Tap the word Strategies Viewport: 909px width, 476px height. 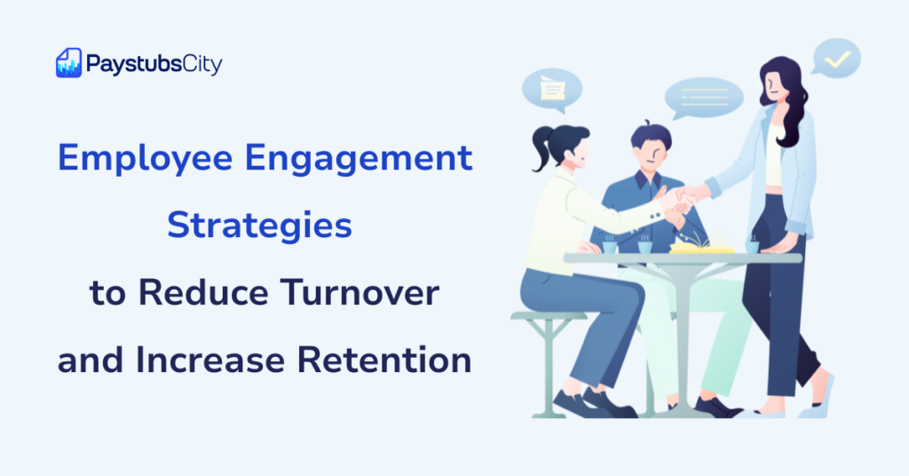260,226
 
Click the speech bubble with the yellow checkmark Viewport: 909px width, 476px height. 835,59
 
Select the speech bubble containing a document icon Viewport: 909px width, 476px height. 551,89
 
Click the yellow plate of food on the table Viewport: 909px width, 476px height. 701,248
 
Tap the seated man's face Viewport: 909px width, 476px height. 652,155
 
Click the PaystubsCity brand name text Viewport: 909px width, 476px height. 154,63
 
